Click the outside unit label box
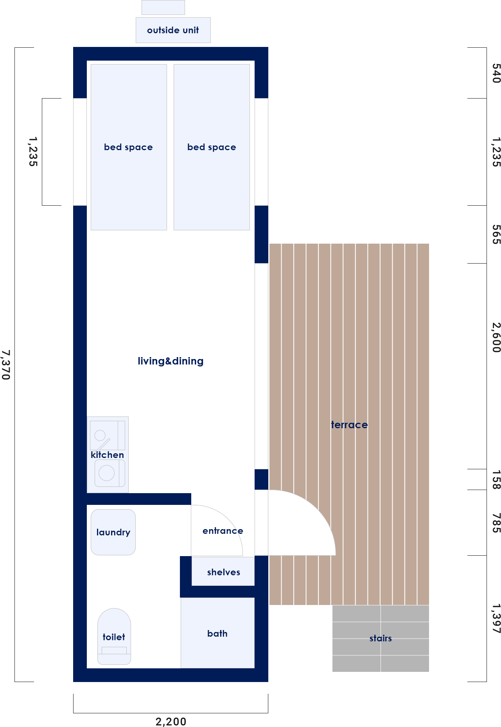pos(173,30)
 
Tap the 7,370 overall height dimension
pos(5,364)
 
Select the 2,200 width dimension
pos(171,722)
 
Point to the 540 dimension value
pos(496,74)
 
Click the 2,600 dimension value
pos(496,337)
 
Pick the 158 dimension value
pos(496,480)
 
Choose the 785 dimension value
pos(496,523)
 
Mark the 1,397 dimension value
pos(496,619)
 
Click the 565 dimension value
pos(496,235)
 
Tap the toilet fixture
pos(114,636)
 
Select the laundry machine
pos(113,532)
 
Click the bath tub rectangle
pos(217,633)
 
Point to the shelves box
pos(223,571)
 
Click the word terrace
pos(349,425)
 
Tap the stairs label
pos(381,638)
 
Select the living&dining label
pos(171,361)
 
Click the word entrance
pos(223,531)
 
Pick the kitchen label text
pos(107,455)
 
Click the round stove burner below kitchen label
pos(107,473)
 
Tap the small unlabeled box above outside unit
pos(163,7)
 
